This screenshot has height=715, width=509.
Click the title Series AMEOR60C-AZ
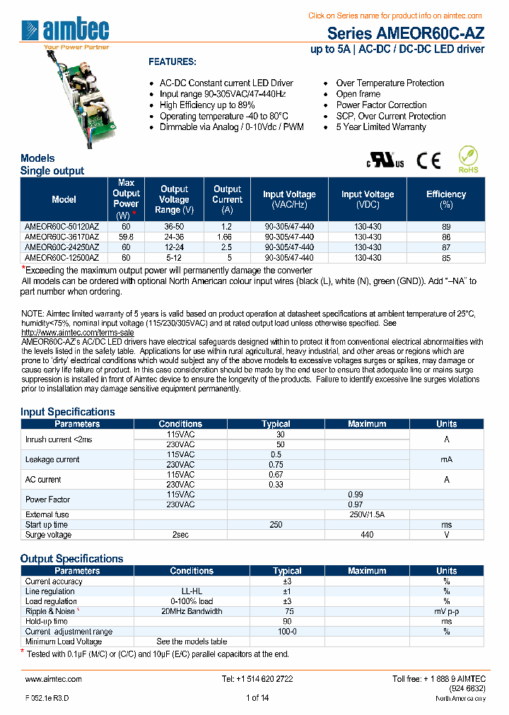[406, 33]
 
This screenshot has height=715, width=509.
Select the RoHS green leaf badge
[468, 160]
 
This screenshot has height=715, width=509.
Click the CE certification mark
[428, 161]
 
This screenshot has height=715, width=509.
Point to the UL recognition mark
[385, 161]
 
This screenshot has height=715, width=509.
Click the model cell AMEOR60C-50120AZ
[62, 227]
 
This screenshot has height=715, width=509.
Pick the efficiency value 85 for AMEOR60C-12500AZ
[446, 258]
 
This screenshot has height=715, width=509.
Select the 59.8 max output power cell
[127, 237]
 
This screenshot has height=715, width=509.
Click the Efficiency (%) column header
[446, 199]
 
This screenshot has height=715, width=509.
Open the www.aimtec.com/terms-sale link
[77, 332]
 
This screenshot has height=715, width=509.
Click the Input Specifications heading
[67, 412]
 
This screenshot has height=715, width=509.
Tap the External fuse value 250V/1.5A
[367, 514]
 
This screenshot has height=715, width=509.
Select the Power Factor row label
[47, 500]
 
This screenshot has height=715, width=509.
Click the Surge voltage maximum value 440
[367, 535]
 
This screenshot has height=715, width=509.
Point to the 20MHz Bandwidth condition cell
[192, 611]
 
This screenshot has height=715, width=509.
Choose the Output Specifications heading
[71, 558]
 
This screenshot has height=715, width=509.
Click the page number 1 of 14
[257, 698]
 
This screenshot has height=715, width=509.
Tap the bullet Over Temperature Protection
[390, 83]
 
